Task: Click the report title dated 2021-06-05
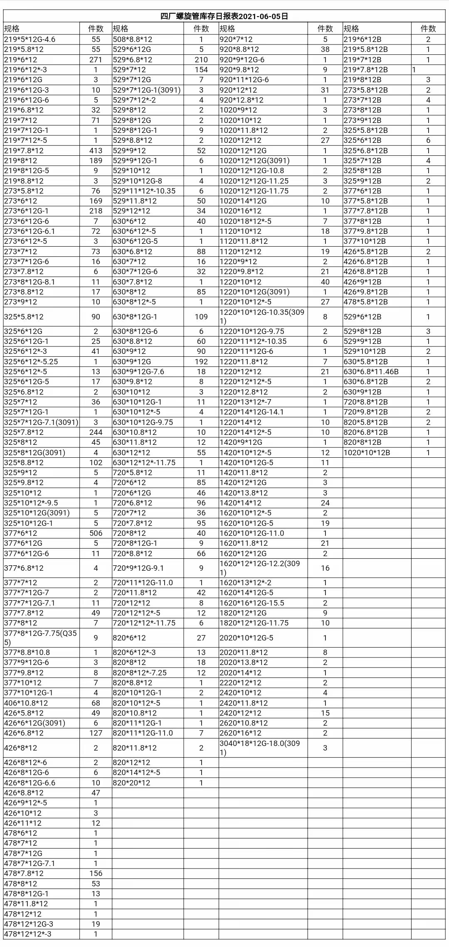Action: click(224, 17)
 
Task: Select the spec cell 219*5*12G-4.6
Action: click(30, 39)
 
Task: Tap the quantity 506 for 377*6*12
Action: click(96, 533)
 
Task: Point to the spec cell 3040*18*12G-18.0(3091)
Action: click(260, 748)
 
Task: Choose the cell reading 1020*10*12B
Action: click(367, 452)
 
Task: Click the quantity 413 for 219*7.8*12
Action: click(96, 150)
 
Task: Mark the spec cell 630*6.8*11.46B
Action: click(371, 371)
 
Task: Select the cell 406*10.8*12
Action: click(26, 703)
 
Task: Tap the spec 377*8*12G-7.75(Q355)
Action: click(40, 638)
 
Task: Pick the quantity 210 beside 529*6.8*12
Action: click(201, 59)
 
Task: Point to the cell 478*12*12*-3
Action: click(28, 934)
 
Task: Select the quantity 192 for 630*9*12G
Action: click(201, 361)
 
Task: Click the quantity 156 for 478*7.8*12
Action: click(96, 873)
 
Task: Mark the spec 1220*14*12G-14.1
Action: click(252, 412)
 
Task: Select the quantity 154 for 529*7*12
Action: click(201, 69)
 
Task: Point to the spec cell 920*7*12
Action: click(236, 39)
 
